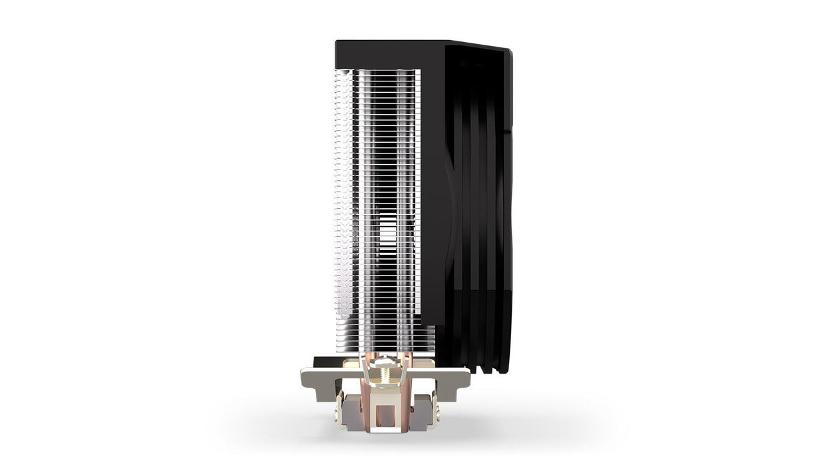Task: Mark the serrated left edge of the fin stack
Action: pos(338,200)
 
